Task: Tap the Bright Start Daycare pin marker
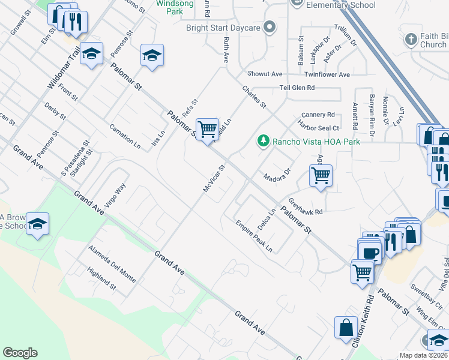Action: [x=270, y=27]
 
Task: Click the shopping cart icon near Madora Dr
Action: [x=321, y=176]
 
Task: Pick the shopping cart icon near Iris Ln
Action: [x=207, y=128]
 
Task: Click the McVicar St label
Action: [x=213, y=179]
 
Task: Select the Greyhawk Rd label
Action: [x=306, y=208]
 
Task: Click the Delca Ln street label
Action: [x=267, y=220]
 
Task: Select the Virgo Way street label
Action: [x=115, y=195]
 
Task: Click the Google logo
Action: [x=20, y=353]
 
